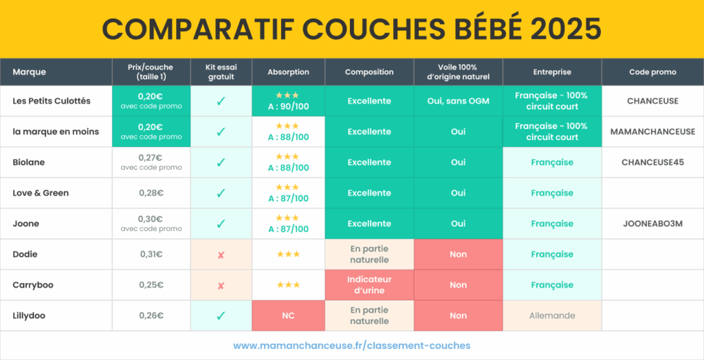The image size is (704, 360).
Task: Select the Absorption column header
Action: pyautogui.click(x=288, y=72)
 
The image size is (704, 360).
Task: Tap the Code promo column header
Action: pyautogui.click(x=652, y=72)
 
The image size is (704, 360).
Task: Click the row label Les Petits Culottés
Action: pyautogui.click(x=52, y=101)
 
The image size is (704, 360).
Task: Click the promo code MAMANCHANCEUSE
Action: pyautogui.click(x=652, y=132)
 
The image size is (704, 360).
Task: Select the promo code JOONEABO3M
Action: pyautogui.click(x=652, y=224)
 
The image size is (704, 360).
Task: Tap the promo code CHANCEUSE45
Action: pyautogui.click(x=652, y=162)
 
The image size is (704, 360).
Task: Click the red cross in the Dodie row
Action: pyautogui.click(x=221, y=255)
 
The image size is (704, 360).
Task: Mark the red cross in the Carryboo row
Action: pyautogui.click(x=221, y=285)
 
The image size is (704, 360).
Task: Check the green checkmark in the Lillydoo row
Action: pyautogui.click(x=221, y=315)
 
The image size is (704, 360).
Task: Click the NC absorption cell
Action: pyautogui.click(x=288, y=316)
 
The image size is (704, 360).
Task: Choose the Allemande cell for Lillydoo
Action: pyautogui.click(x=552, y=315)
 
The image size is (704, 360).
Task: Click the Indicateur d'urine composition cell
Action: pyautogui.click(x=369, y=285)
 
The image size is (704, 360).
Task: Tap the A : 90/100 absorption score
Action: pyautogui.click(x=288, y=106)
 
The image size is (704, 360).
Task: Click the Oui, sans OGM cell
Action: pyautogui.click(x=458, y=101)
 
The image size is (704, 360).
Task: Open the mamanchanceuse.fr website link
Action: pyautogui.click(x=351, y=346)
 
